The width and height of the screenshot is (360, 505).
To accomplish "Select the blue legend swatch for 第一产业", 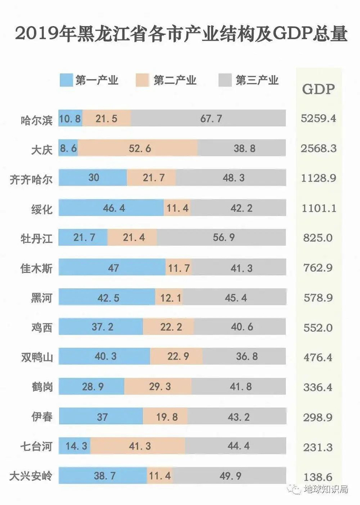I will (x=66, y=81).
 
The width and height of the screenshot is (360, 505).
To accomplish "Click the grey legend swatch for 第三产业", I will (x=226, y=81).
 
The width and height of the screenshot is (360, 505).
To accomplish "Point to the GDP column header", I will (x=318, y=89).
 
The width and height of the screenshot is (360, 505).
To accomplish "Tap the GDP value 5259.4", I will (x=318, y=119).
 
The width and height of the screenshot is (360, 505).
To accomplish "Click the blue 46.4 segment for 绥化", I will (x=111, y=208).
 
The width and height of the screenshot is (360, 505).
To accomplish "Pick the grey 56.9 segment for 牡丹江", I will (x=221, y=238).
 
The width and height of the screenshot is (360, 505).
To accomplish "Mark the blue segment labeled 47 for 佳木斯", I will (x=112, y=267).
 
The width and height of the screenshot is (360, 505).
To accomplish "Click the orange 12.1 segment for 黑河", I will (x=169, y=297).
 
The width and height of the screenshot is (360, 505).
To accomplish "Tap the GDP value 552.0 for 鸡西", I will (x=318, y=327).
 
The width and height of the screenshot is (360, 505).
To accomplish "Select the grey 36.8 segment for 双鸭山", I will (x=244, y=356).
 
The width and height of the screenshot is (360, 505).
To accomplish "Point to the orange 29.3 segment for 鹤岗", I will (x=158, y=386).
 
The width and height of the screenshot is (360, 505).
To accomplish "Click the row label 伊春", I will (x=41, y=416).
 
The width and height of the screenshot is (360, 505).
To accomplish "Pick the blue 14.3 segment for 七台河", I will (x=75, y=446).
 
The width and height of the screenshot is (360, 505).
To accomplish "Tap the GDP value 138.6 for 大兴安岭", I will (x=318, y=476).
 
